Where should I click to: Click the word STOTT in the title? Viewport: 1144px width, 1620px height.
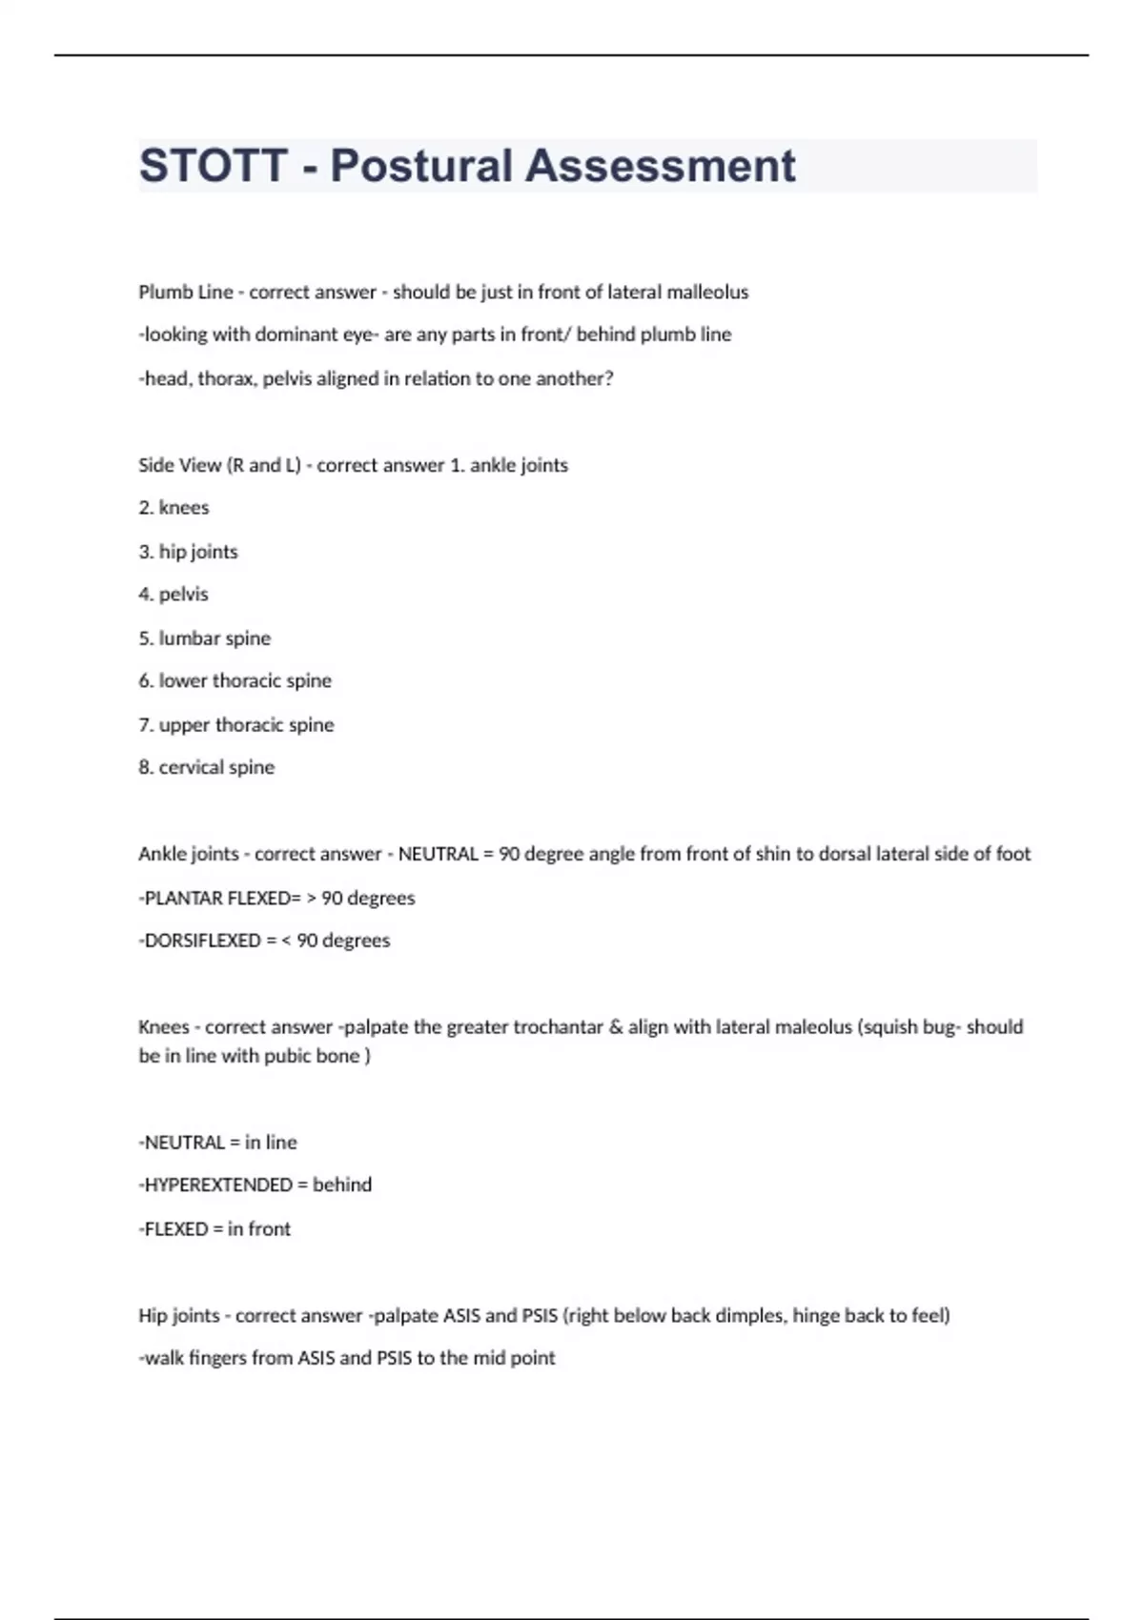pos(213,166)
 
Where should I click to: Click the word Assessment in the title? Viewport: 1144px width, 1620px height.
pos(660,166)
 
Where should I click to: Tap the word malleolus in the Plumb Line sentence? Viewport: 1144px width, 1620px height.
pos(706,293)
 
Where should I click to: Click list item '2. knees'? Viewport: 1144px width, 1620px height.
pos(174,508)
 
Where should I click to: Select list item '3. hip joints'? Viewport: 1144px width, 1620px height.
pos(188,552)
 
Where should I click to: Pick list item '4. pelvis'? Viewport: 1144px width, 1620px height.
pos(174,595)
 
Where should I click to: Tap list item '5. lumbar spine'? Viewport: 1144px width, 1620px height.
pos(204,638)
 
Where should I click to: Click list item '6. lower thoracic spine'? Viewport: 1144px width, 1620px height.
pos(235,680)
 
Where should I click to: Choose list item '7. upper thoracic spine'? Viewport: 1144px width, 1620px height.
pos(235,725)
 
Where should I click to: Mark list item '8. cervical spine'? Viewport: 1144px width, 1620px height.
pos(206,767)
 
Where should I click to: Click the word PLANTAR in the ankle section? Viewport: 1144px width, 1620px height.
pos(181,898)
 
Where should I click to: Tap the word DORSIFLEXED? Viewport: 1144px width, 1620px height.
pos(202,941)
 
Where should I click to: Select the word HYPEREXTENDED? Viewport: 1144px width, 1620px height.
pos(218,1185)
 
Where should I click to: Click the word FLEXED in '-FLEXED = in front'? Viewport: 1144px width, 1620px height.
pos(175,1229)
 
